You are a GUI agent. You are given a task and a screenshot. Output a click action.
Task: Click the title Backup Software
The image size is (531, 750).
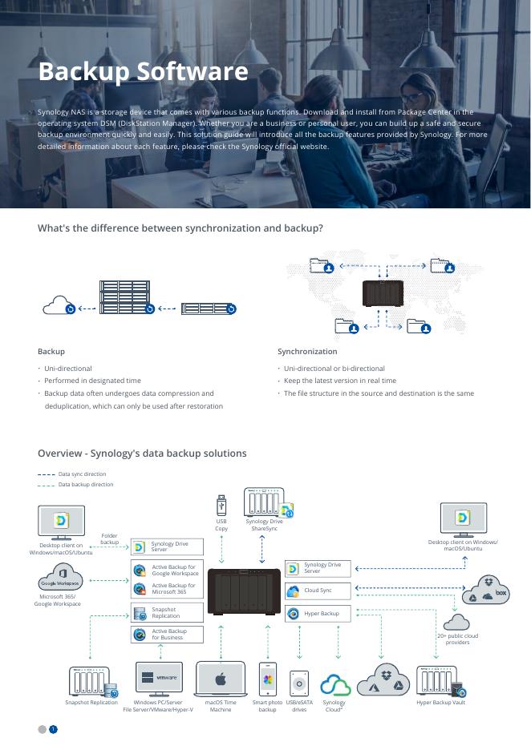(x=143, y=72)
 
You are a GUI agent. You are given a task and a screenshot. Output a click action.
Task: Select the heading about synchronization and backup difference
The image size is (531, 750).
(x=180, y=228)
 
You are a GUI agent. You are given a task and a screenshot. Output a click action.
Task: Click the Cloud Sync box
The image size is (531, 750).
(x=307, y=591)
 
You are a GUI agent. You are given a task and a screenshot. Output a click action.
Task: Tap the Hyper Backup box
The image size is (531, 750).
(x=307, y=614)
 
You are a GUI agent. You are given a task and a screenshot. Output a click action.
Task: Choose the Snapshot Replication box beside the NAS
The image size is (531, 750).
(x=167, y=613)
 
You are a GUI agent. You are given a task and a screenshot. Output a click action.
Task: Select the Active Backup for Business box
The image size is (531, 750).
(x=167, y=635)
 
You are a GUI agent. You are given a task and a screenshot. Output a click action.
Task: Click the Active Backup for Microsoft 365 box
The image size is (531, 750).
(x=167, y=589)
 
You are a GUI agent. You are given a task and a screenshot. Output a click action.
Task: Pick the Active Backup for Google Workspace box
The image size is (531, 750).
(x=167, y=570)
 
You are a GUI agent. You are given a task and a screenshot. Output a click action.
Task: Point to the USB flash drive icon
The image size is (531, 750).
(x=221, y=506)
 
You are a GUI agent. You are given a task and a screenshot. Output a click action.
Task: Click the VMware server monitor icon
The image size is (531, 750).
(x=159, y=677)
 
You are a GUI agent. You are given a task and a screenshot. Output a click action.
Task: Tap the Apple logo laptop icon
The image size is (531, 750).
(x=221, y=679)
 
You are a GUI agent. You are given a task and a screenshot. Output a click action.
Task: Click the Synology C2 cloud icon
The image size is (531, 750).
(x=335, y=685)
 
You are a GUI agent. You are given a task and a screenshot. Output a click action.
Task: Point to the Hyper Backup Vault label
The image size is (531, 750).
(x=440, y=703)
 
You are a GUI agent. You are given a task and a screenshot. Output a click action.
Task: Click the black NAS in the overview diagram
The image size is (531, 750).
(x=244, y=593)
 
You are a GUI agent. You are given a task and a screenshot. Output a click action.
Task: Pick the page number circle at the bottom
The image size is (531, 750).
(x=53, y=729)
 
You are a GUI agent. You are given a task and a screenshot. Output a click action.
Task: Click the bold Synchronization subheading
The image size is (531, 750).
(x=307, y=352)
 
